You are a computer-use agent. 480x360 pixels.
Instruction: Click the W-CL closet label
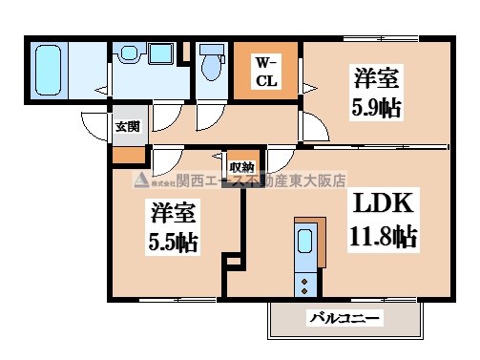(264, 72)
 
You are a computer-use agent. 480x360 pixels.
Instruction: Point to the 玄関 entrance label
(128, 126)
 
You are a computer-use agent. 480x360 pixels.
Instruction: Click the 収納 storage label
(240, 165)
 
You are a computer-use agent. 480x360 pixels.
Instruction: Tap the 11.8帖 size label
(384, 235)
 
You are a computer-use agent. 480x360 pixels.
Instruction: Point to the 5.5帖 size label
(172, 241)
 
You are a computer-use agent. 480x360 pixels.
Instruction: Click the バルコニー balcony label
(344, 318)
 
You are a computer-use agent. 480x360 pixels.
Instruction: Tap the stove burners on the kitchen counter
(305, 279)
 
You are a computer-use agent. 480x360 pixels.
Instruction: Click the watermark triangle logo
(139, 181)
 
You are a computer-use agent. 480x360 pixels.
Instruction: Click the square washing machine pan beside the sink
(160, 53)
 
